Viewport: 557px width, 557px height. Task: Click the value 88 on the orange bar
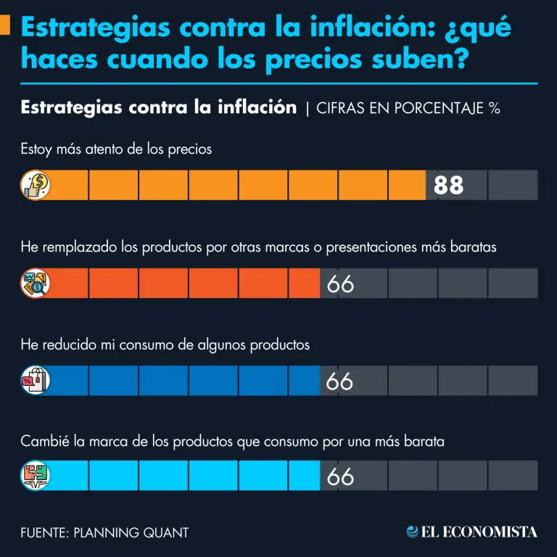pyautogui.click(x=448, y=186)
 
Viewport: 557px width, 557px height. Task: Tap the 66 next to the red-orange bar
pyautogui.click(x=340, y=284)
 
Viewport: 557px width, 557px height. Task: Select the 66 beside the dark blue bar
pyautogui.click(x=339, y=381)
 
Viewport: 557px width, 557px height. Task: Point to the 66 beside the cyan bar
pyautogui.click(x=340, y=476)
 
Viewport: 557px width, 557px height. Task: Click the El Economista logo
pyautogui.click(x=472, y=532)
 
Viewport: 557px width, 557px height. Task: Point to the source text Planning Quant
pyautogui.click(x=104, y=533)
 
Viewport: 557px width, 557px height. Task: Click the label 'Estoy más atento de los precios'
pyautogui.click(x=116, y=149)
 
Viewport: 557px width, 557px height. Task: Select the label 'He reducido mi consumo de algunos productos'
pyautogui.click(x=165, y=344)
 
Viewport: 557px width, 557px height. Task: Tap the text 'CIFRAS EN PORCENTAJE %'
pyautogui.click(x=408, y=108)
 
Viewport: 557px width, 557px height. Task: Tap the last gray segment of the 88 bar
pyautogui.click(x=513, y=186)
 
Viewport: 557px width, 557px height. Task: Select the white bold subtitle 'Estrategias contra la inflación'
pyautogui.click(x=159, y=107)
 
